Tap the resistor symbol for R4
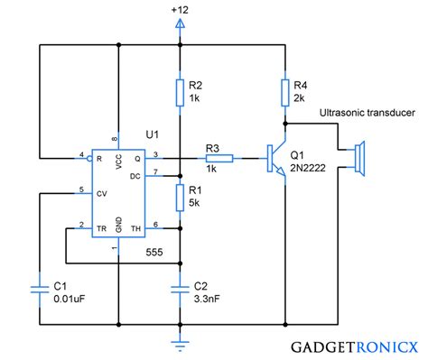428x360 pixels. coord(285,90)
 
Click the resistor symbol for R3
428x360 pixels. coord(221,159)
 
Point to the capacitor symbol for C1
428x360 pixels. coord(40,288)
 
